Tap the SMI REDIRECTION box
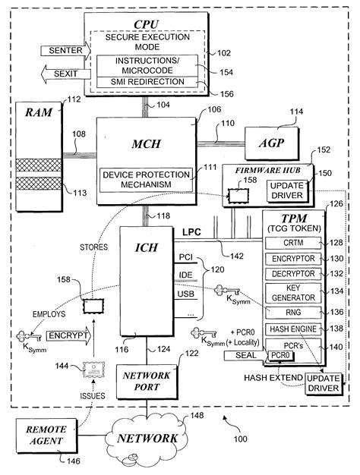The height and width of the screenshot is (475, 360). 145,82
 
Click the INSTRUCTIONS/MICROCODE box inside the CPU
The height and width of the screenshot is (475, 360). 145,64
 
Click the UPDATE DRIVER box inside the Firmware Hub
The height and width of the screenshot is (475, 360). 287,190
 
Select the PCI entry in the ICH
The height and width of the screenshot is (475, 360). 187,258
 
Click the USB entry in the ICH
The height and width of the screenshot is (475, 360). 187,293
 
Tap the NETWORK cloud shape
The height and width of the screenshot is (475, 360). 150,439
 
